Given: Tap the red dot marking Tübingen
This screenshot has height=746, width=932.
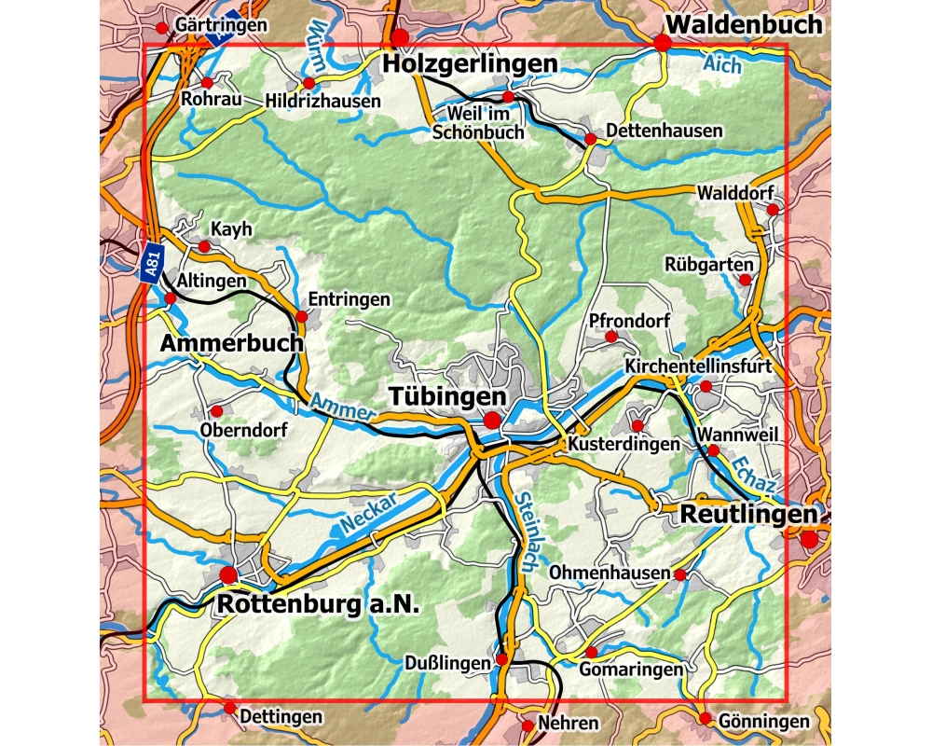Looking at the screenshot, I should [491, 421].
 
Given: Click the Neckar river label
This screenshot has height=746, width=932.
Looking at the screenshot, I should [368, 512].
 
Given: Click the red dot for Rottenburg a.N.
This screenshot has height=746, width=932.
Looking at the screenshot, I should [228, 573].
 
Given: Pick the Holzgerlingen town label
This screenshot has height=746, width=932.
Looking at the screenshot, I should [470, 63].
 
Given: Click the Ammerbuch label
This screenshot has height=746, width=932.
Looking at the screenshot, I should [231, 343].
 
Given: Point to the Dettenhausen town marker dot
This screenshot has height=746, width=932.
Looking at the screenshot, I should [590, 140].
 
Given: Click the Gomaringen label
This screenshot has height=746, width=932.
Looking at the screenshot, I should [631, 670].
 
